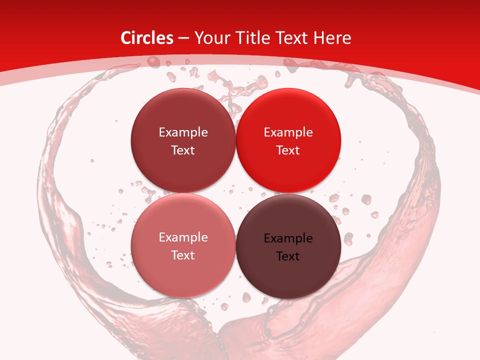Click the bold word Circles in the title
tap(147, 38)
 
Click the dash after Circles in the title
tap(183, 38)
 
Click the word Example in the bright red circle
tap(288, 132)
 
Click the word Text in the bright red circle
tap(288, 150)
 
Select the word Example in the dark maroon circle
tap(183, 132)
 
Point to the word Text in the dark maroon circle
tap(183, 150)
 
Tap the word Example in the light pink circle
tap(183, 237)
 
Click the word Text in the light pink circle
tap(183, 255)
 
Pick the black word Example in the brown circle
tap(288, 238)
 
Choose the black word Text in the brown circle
tap(288, 256)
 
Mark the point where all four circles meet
tap(235, 193)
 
